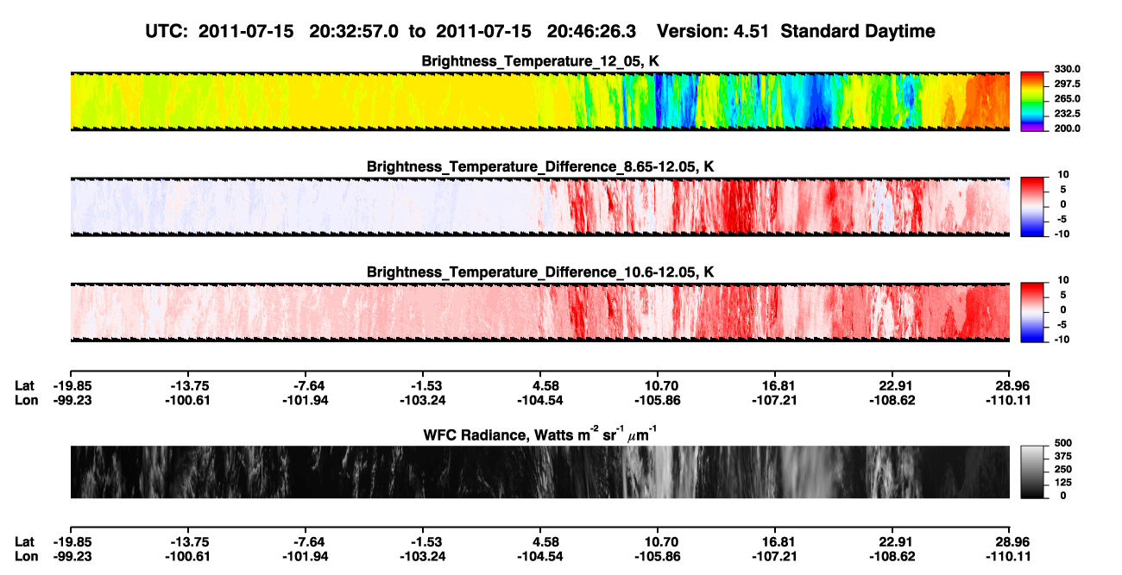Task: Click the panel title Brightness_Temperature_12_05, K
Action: click(540, 61)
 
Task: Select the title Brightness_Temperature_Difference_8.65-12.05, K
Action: click(540, 166)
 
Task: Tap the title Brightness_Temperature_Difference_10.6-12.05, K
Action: click(540, 272)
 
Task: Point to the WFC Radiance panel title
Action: click(540, 434)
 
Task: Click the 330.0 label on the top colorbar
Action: click(1067, 69)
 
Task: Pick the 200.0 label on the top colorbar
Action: click(1067, 128)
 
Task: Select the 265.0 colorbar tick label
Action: click(1067, 98)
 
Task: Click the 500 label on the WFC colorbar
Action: click(1063, 443)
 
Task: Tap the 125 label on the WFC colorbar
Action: click(1063, 483)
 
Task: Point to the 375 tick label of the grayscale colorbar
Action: click(1063, 456)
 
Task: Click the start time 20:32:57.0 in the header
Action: click(354, 31)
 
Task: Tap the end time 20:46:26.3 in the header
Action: click(591, 31)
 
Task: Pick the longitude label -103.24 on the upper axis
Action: click(422, 400)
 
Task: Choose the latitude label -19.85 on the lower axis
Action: click(72, 542)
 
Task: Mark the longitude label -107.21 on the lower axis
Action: click(774, 557)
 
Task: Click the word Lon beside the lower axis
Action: click(26, 557)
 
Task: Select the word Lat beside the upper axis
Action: click(24, 386)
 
